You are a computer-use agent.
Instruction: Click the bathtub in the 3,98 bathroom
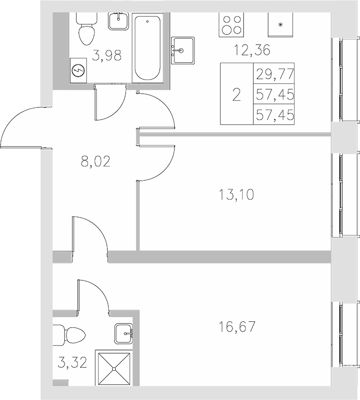[x=147, y=48]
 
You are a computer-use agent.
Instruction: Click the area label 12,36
[x=249, y=49]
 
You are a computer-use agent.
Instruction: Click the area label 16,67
[x=236, y=326]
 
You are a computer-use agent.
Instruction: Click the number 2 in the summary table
[x=236, y=95]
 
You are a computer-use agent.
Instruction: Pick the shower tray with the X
[x=113, y=368]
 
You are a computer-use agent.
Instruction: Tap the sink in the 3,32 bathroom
[x=124, y=334]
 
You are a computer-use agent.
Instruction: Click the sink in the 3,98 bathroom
[x=119, y=20]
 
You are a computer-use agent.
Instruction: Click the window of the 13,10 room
[x=340, y=195]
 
